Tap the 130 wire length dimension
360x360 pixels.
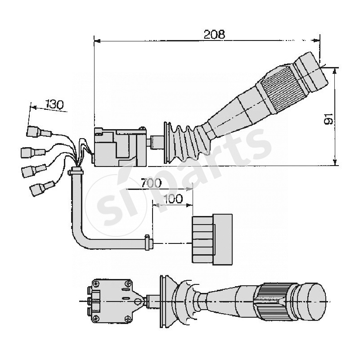[54, 105]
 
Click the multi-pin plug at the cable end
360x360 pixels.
[211, 238]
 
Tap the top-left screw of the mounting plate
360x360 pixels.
[95, 283]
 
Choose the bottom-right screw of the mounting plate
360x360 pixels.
[130, 318]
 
